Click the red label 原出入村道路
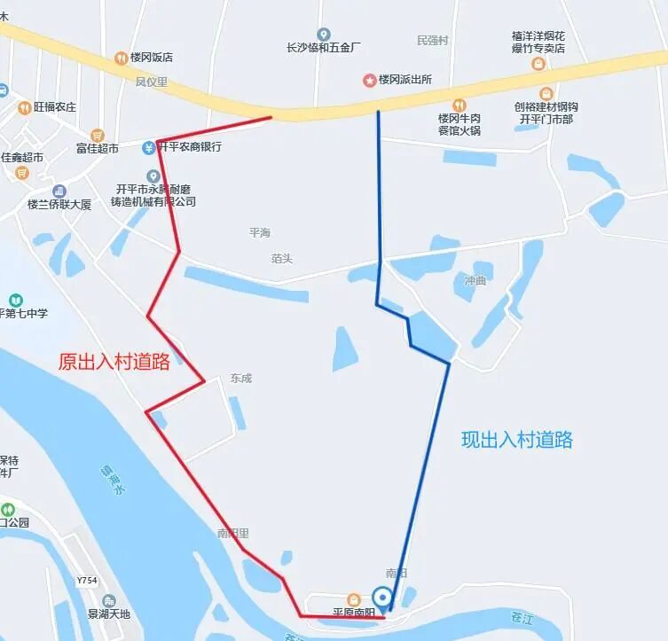tap(114, 362)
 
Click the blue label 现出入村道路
tap(517, 439)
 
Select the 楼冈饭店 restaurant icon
tap(121, 59)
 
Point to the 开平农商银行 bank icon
tap(150, 147)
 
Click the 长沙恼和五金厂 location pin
tap(323, 35)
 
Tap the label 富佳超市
tap(97, 148)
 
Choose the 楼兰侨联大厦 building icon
tap(59, 192)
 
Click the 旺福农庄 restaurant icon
tap(24, 107)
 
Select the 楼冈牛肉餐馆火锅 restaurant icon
tap(459, 105)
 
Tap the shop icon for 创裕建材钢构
tap(546, 93)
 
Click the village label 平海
tap(259, 232)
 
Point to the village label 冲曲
tap(475, 281)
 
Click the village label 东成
tap(240, 379)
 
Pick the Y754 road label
tap(86, 581)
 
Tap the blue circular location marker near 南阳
tap(382, 597)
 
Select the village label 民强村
tap(432, 41)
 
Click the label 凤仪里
tap(151, 82)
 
